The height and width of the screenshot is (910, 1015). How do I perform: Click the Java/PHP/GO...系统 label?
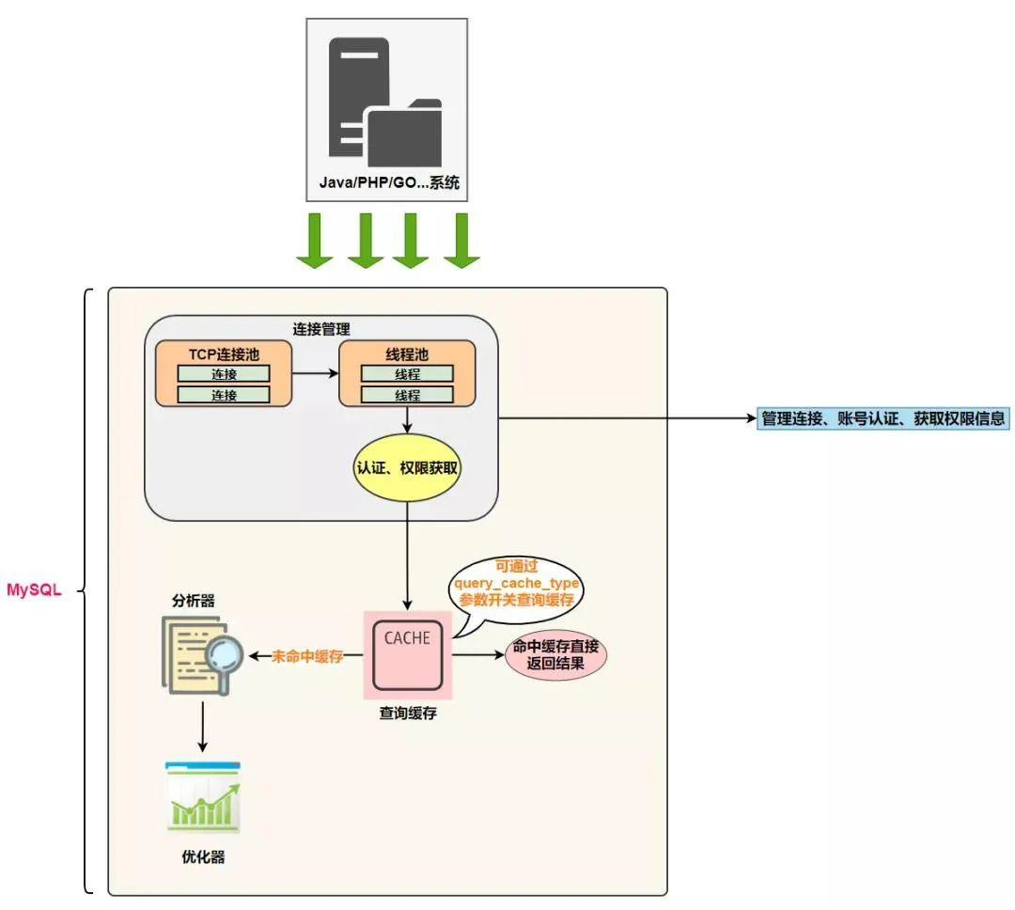(388, 183)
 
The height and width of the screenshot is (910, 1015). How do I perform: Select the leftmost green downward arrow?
(315, 241)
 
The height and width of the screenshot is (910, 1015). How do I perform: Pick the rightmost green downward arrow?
(461, 241)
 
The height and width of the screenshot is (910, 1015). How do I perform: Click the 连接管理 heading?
(320, 330)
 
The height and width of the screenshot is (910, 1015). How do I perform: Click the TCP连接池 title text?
(223, 354)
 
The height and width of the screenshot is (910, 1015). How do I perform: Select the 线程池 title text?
(407, 354)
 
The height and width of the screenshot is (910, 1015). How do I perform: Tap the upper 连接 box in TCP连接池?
(224, 374)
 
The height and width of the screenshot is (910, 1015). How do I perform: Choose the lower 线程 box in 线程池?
(407, 395)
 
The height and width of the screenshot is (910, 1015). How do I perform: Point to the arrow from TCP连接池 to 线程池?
(315, 373)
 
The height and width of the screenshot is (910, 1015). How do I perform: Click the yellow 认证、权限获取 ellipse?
(407, 466)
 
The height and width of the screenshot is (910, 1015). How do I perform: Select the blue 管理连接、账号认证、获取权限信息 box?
(882, 418)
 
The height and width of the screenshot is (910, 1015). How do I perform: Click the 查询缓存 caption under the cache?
(407, 714)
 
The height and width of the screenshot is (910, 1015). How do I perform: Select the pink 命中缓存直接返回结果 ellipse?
(555, 655)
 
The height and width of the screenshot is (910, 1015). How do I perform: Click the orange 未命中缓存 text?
(307, 656)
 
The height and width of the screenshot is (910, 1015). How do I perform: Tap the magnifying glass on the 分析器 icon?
(225, 651)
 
